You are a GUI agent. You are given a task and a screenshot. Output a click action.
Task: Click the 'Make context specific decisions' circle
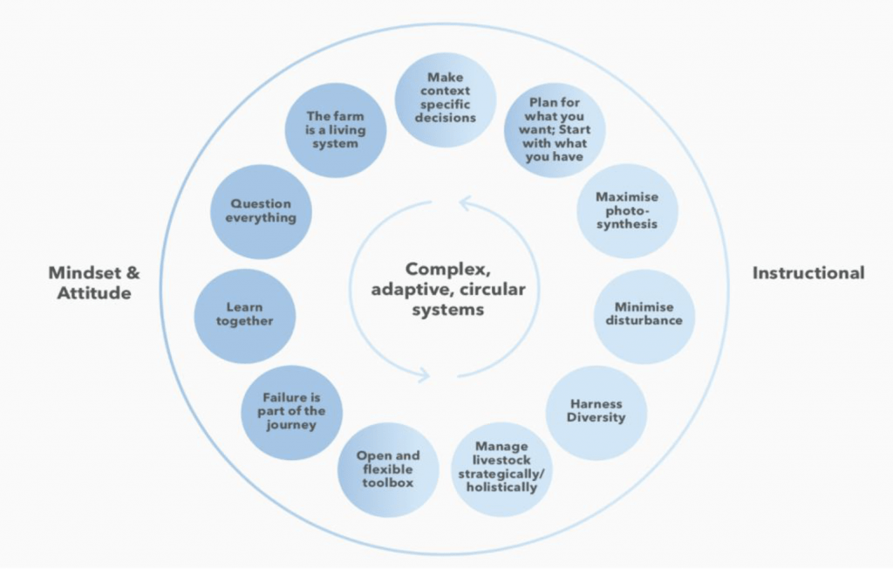click(446, 99)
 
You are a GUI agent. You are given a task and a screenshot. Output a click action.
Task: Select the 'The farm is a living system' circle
click(336, 131)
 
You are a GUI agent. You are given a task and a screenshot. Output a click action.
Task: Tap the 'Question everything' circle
click(261, 211)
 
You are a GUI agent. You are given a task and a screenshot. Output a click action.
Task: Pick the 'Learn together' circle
click(245, 316)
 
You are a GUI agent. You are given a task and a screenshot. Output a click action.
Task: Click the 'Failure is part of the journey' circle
click(291, 412)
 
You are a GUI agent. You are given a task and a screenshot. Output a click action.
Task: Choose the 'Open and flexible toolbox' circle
click(388, 470)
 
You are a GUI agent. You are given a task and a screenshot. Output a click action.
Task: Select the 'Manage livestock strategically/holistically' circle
click(501, 469)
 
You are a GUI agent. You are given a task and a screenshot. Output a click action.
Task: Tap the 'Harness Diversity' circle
click(596, 413)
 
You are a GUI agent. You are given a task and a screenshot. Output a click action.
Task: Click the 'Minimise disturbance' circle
click(644, 316)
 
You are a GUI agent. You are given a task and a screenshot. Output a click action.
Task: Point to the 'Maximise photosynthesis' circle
click(627, 211)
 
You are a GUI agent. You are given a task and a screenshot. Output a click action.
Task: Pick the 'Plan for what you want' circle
click(555, 130)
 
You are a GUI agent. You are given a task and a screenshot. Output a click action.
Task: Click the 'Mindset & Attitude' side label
click(94, 283)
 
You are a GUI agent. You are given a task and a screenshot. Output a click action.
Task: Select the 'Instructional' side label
click(808, 273)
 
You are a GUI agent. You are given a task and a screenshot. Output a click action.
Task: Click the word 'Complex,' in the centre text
click(447, 269)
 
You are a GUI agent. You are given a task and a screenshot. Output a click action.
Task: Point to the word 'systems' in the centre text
click(448, 310)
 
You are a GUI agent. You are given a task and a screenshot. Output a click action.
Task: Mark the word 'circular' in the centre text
click(492, 290)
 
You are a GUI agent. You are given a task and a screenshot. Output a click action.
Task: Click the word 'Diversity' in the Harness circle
click(596, 418)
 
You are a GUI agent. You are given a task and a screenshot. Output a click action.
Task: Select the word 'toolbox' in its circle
click(388, 483)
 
